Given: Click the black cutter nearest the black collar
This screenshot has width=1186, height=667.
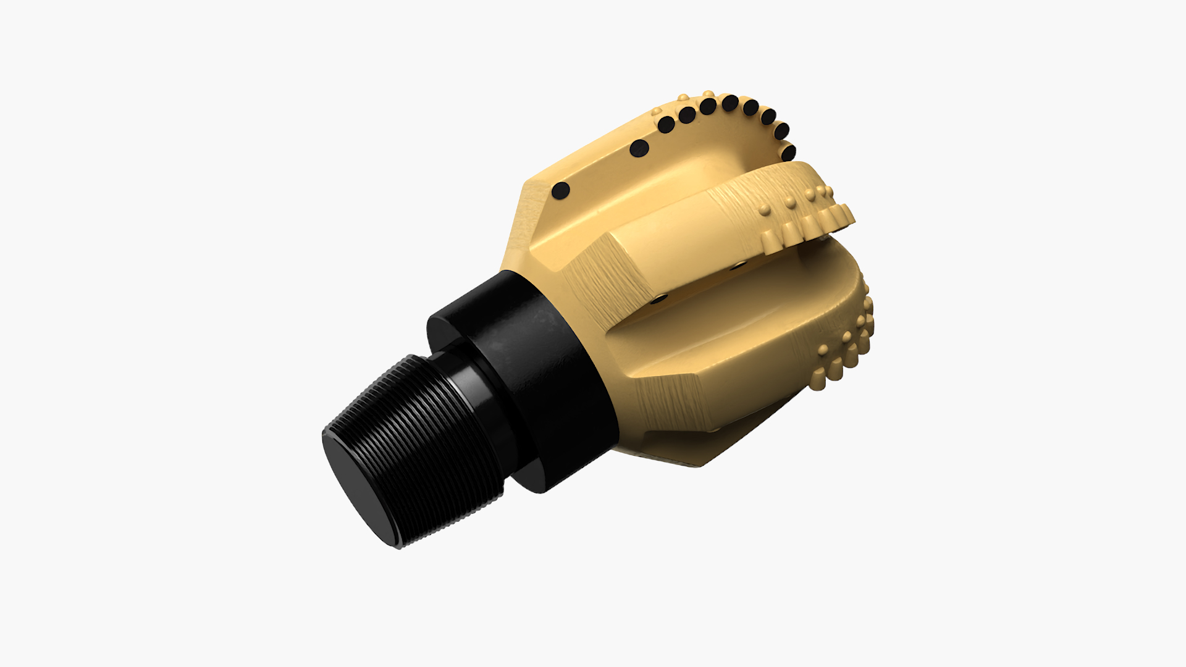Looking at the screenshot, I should point(561,191).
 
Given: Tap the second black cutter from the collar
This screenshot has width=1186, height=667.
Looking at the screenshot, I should point(639,148).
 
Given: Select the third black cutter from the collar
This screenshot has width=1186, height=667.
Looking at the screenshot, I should point(666,125).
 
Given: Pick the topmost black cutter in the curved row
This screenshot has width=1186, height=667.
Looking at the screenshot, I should point(730,103).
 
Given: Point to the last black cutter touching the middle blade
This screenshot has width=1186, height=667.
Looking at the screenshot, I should point(789,153).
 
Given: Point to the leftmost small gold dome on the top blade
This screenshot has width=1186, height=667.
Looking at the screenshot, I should point(656,112).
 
